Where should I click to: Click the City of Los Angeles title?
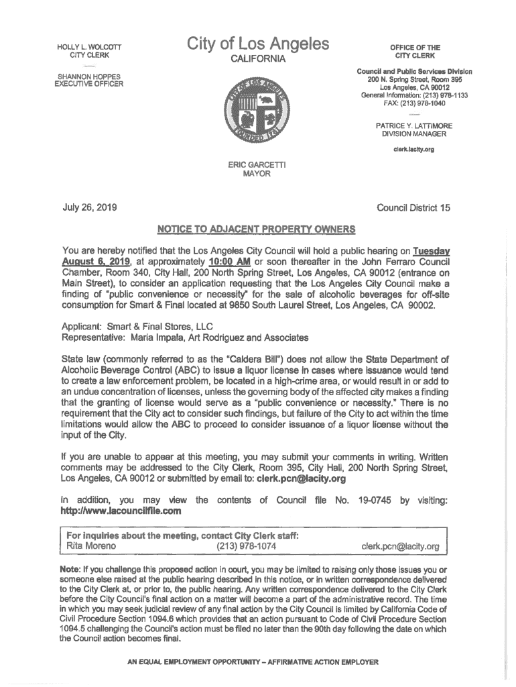tap(258, 44)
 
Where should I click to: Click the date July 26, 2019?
tap(90, 208)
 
